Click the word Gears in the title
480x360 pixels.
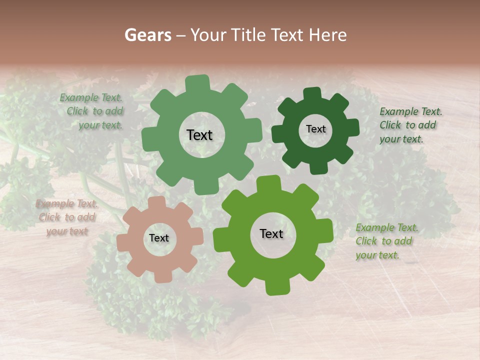(147, 35)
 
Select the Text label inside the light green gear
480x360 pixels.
(199, 135)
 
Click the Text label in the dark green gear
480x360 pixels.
(315, 129)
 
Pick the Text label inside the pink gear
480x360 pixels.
(159, 238)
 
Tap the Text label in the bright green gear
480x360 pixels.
(271, 233)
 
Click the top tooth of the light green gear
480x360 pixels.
(197, 82)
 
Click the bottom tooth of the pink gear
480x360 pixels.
(161, 275)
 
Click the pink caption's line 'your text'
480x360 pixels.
(67, 231)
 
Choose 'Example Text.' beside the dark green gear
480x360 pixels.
(410, 111)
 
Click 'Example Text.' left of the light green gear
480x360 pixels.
(91, 97)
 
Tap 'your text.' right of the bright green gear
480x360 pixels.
(377, 255)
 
